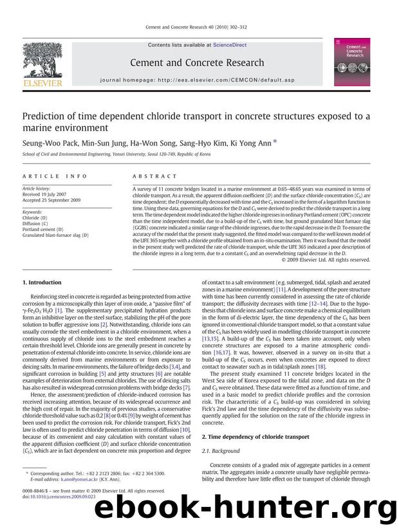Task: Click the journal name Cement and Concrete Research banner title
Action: click(x=197, y=62)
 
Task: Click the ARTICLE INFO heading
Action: click(x=47, y=176)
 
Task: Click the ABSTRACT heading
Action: click(x=154, y=176)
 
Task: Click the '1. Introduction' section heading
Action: click(x=42, y=282)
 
